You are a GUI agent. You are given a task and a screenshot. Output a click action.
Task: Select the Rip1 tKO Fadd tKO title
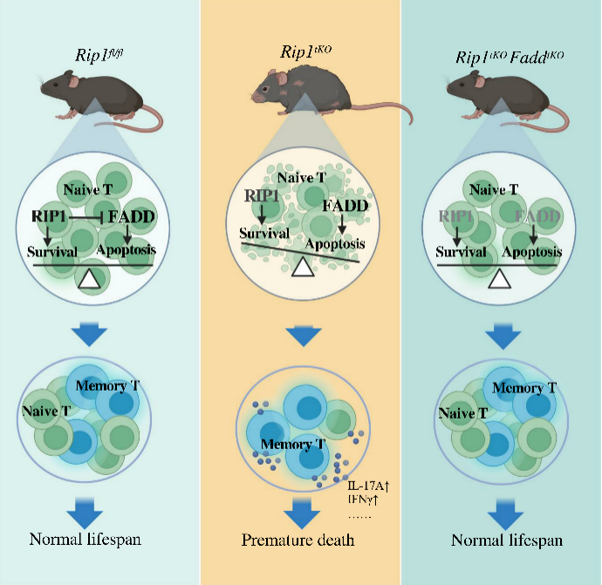(x=510, y=58)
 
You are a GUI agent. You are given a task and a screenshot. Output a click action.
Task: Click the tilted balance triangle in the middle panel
(x=302, y=268)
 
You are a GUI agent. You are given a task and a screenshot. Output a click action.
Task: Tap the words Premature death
(x=298, y=541)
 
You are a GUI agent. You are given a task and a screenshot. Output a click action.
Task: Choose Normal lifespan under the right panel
(x=507, y=541)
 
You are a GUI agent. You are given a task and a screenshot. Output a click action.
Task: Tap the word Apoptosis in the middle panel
(x=336, y=244)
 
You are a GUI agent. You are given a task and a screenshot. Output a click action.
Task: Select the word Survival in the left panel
(x=51, y=252)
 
